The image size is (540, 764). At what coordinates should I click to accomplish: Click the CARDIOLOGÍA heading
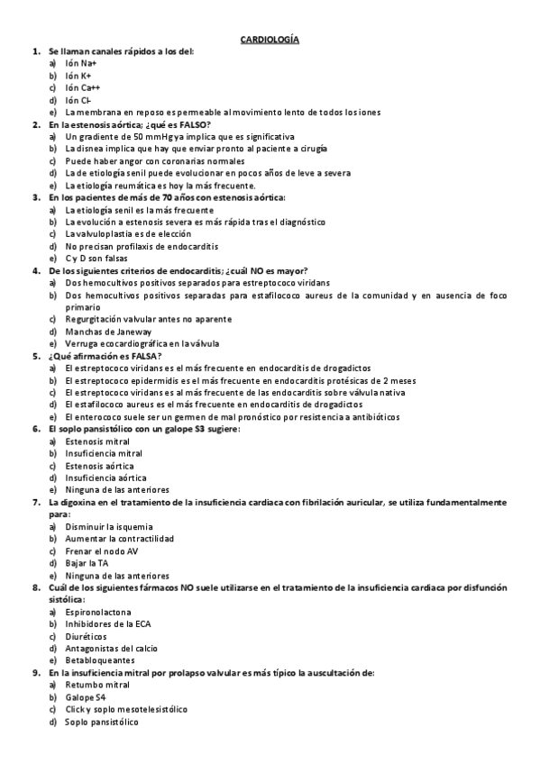[x=270, y=40]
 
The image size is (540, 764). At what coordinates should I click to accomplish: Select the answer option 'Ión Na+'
[x=81, y=64]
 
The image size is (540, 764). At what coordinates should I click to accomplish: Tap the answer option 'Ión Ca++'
[x=83, y=88]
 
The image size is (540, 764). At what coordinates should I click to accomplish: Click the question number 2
[x=35, y=124]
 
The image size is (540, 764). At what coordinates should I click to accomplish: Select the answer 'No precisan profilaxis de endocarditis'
[x=142, y=246]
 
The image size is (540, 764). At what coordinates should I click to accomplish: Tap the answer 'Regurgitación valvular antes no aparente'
[x=148, y=319]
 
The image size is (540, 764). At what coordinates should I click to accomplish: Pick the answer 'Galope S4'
[x=88, y=696]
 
